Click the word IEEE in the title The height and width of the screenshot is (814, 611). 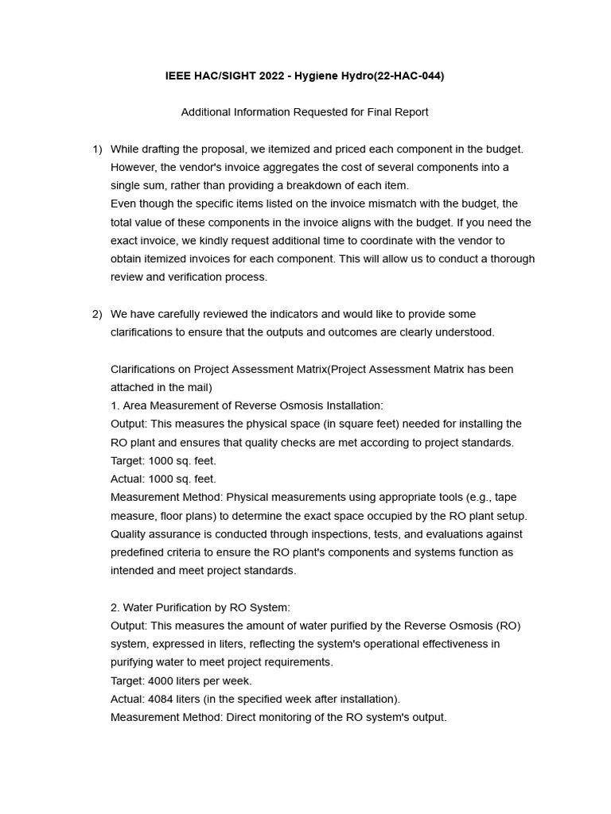pyautogui.click(x=178, y=76)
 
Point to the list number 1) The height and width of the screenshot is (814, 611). pyautogui.click(x=97, y=149)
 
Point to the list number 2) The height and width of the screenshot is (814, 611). pyautogui.click(x=97, y=314)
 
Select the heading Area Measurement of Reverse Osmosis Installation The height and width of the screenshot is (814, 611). pyautogui.click(x=247, y=405)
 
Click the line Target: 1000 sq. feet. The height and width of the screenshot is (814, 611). pyautogui.click(x=163, y=460)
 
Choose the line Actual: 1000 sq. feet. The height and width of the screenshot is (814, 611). pyautogui.click(x=163, y=479)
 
